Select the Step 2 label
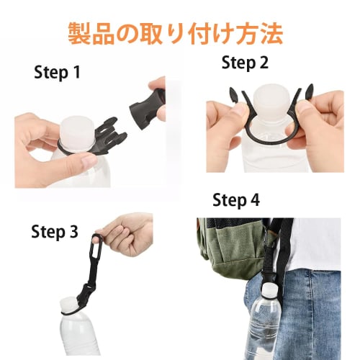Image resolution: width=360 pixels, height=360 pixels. (x=245, y=63)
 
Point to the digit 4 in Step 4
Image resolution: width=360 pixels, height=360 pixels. (x=254, y=199)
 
